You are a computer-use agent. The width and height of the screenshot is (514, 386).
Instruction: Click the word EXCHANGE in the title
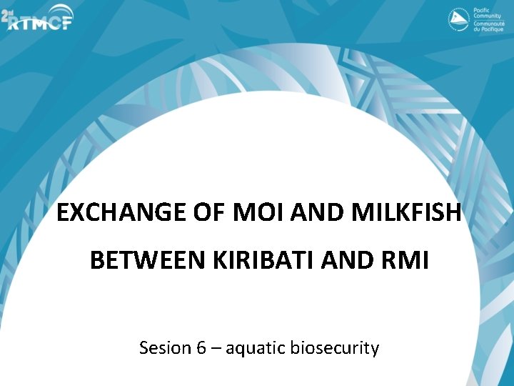[114, 212]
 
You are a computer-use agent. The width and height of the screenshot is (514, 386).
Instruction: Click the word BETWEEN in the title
[148, 261]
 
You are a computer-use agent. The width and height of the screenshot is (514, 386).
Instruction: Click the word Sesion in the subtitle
[164, 348]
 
